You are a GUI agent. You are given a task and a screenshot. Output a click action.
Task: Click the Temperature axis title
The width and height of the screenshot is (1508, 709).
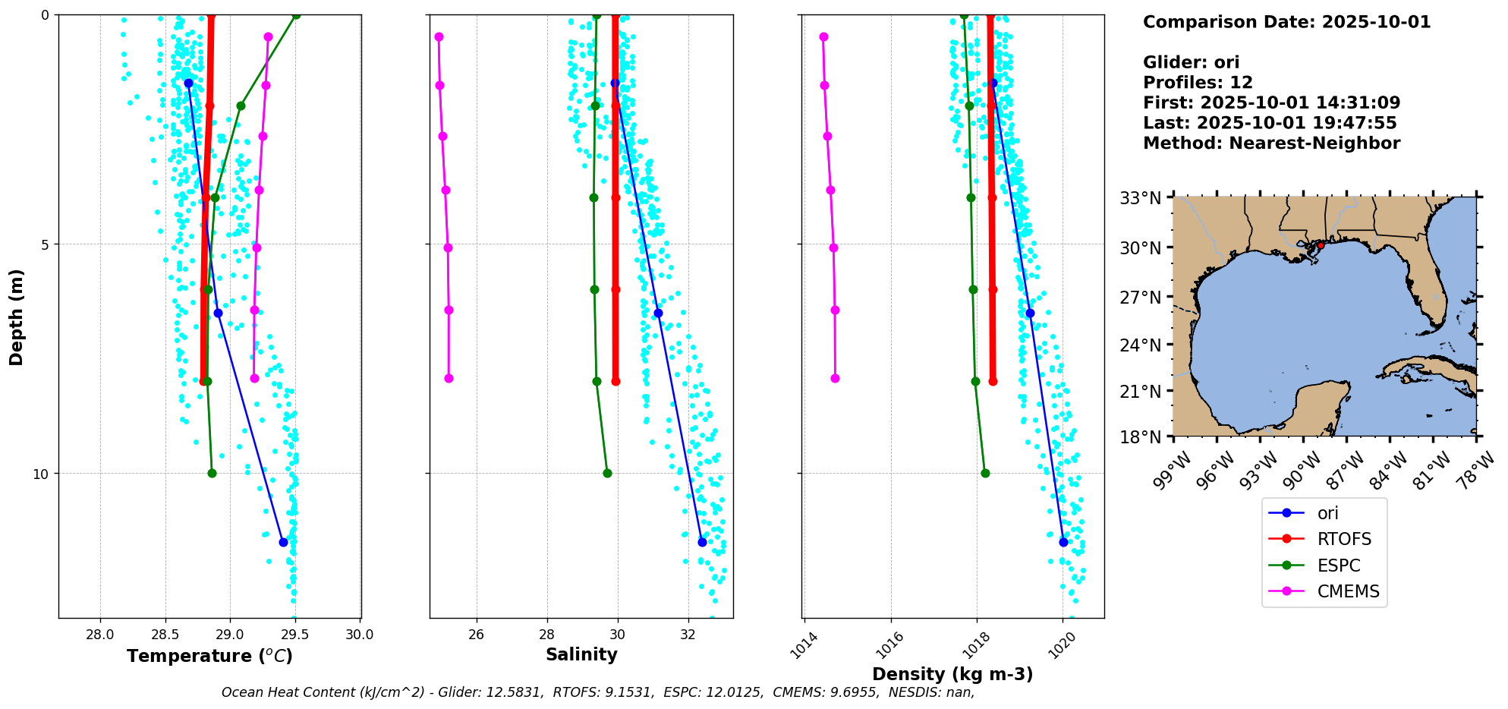[x=209, y=656]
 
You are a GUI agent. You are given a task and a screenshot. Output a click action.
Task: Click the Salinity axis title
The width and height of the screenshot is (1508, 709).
[x=581, y=654]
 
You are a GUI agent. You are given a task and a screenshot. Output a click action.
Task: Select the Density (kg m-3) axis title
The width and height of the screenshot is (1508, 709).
[x=952, y=674]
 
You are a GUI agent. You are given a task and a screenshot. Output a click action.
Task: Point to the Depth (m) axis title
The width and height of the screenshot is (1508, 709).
[x=16, y=317]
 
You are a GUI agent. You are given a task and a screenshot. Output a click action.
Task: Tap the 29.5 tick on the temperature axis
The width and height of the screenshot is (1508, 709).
[x=295, y=635]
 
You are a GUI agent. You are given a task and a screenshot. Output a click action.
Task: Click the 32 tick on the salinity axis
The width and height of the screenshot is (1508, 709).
[x=688, y=635]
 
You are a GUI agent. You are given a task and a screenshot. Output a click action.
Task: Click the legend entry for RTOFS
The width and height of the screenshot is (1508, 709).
[x=1344, y=539]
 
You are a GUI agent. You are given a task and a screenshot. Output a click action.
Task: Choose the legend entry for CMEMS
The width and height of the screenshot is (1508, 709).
[x=1348, y=591]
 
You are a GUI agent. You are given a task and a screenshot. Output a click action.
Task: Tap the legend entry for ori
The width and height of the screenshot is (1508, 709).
[x=1327, y=513]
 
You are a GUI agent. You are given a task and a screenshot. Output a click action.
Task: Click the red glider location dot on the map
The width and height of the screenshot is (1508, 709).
[x=1321, y=245]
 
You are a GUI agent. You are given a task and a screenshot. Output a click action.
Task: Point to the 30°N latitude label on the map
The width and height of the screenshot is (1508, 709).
[x=1141, y=247]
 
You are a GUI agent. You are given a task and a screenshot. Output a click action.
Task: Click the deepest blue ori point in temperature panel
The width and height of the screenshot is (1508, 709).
[x=283, y=542]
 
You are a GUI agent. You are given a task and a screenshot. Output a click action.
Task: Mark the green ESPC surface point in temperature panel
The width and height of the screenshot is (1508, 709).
[x=296, y=14]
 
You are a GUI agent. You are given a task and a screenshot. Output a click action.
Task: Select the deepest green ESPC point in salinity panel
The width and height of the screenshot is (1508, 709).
[x=607, y=473]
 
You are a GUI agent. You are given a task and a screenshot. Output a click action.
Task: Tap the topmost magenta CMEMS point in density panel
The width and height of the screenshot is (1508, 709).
[x=823, y=36]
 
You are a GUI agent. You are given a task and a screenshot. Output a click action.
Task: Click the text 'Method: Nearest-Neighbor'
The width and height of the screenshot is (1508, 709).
[x=1271, y=143]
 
